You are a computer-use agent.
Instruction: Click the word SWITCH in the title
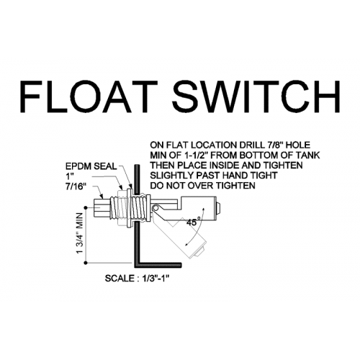point(256,96)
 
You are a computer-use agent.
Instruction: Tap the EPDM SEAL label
point(91,166)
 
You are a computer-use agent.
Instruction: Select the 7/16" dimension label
point(76,186)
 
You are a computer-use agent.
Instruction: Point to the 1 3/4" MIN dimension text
point(80,233)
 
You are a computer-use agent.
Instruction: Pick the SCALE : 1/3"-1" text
point(138,279)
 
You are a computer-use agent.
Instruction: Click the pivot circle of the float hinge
point(156,208)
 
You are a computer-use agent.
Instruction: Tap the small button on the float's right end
point(218,208)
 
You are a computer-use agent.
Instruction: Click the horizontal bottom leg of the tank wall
point(156,265)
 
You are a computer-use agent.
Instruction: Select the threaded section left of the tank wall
point(118,207)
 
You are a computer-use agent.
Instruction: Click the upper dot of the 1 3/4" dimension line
point(86,207)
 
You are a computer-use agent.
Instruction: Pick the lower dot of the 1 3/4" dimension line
point(86,264)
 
